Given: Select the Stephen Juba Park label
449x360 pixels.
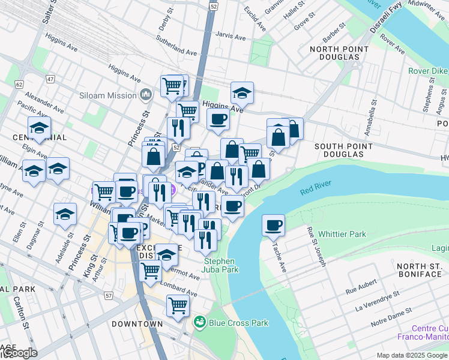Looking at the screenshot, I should coord(221,265).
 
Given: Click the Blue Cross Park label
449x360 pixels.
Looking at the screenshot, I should coord(238,323).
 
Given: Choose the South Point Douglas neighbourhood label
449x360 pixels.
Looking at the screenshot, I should coord(339,150).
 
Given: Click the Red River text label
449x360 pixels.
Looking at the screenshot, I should coord(316,191).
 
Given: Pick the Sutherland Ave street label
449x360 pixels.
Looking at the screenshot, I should coord(176,53).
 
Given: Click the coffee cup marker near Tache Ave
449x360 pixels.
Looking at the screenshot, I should coord(274,226).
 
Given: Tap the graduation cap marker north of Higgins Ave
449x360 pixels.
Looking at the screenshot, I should coord(242,93).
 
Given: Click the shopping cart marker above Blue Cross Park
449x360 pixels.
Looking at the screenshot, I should coord(178,306).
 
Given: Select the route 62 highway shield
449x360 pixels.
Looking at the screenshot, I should coord(19,84).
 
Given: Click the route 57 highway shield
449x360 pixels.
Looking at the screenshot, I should coord(108,296).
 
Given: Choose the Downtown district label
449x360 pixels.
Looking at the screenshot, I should coord(137,324).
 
